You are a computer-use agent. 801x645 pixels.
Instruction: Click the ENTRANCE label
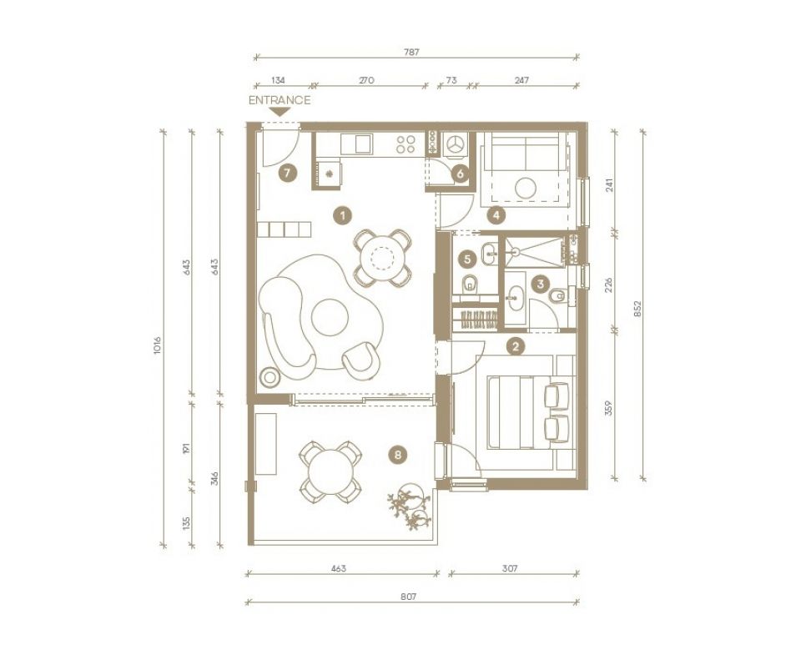(x=280, y=100)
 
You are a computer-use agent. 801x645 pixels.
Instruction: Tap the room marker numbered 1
(x=340, y=215)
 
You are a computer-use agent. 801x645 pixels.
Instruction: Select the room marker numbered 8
(x=398, y=455)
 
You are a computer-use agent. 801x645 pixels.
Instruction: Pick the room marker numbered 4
(x=496, y=216)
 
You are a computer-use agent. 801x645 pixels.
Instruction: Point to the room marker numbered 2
(x=516, y=345)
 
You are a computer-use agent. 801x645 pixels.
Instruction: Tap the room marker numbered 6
(x=459, y=174)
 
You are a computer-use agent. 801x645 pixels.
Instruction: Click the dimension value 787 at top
(x=411, y=52)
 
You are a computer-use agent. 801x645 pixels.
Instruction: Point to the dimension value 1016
(x=157, y=345)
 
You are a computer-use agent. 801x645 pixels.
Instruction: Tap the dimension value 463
(x=338, y=568)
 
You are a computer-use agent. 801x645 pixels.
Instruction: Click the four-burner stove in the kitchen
(x=406, y=144)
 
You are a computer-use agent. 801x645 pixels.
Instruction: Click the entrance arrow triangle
(x=280, y=111)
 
